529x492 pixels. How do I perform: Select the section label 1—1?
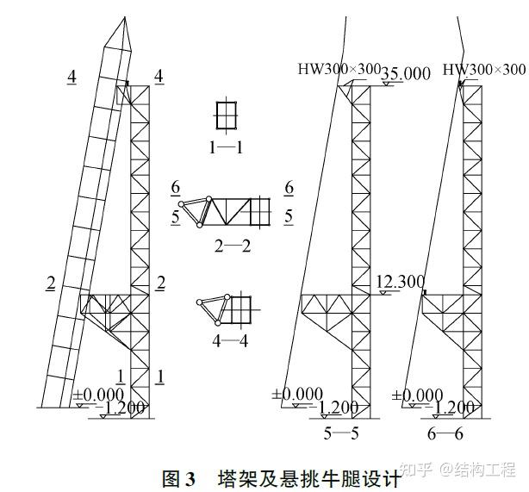pos(226,147)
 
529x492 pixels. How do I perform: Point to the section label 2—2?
pos(233,246)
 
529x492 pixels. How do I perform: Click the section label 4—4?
pos(230,340)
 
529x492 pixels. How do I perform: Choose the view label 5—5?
pos(341,433)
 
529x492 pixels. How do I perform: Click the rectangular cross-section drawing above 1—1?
pos(226,115)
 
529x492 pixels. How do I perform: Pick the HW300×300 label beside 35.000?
pos(339,70)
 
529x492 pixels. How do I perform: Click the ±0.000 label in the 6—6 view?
pos(418,396)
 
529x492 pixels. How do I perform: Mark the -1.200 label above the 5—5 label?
pos(337,408)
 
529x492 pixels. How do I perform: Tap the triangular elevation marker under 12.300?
pos(383,294)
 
